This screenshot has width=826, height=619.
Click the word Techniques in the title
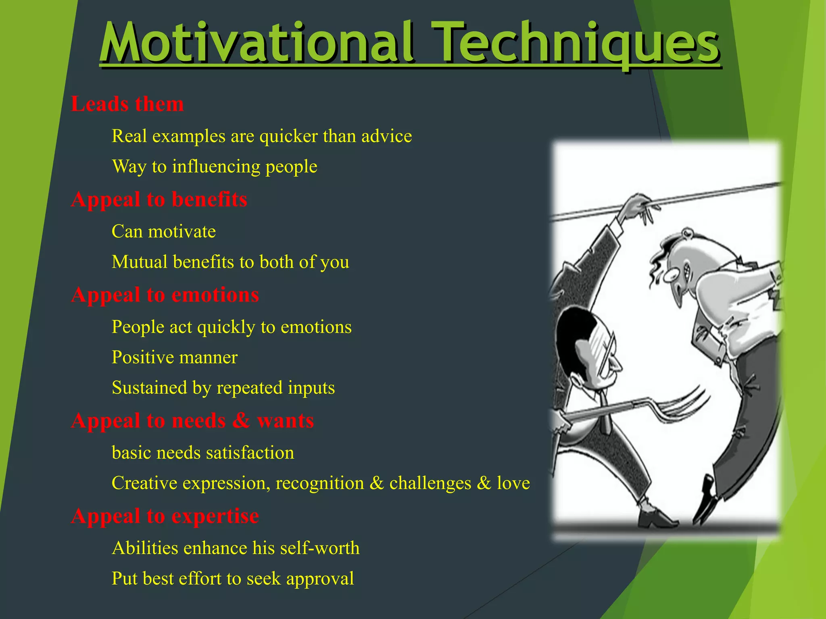(575, 44)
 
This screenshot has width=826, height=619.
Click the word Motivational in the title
(256, 44)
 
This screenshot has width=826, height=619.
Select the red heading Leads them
(127, 104)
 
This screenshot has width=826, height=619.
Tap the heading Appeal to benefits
(159, 199)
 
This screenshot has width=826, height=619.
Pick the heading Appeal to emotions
(165, 295)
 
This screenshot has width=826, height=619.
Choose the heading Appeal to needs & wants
(192, 421)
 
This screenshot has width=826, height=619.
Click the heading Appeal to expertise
(165, 516)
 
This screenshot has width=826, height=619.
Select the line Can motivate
(164, 232)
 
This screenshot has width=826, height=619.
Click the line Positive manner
(175, 357)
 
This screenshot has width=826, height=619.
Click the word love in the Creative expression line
(513, 483)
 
